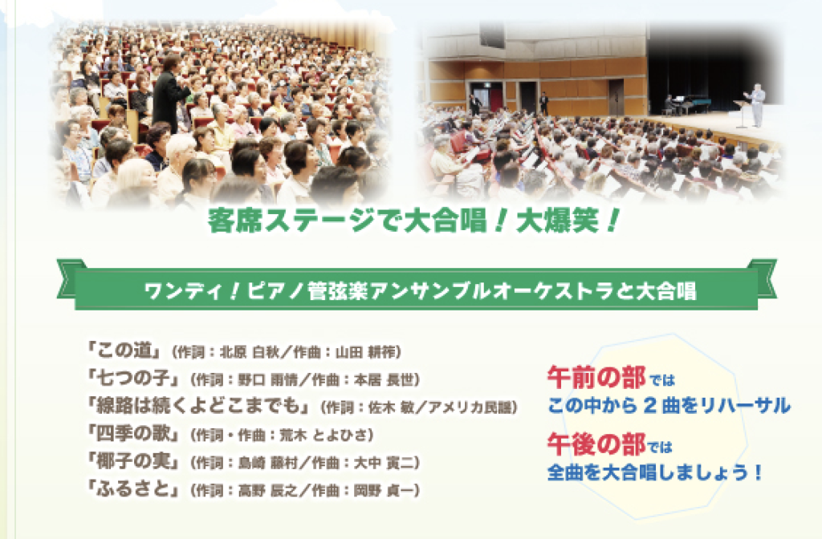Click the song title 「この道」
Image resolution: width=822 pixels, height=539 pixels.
(128, 351)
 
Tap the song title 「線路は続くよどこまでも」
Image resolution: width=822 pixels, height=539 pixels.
(201, 406)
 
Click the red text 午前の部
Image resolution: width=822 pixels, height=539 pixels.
(596, 377)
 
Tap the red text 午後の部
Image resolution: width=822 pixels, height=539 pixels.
(596, 444)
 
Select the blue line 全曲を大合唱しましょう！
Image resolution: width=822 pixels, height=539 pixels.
(654, 472)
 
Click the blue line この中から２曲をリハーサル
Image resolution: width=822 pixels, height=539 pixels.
(669, 405)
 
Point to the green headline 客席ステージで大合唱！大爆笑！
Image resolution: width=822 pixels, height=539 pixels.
(414, 221)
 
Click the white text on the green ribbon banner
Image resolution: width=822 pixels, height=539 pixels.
(421, 291)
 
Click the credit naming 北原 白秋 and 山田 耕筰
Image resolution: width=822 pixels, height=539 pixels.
(287, 352)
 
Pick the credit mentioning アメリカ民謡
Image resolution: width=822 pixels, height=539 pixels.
(419, 407)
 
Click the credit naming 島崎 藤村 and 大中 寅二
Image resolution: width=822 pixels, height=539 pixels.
(305, 463)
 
